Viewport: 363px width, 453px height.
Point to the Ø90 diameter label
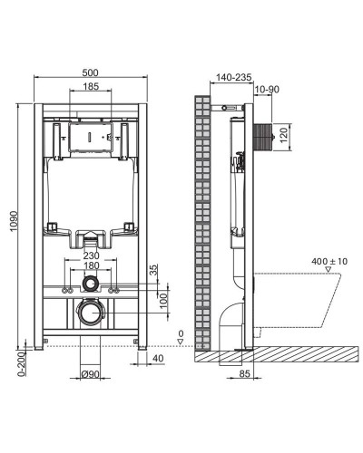coord(89,375)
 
